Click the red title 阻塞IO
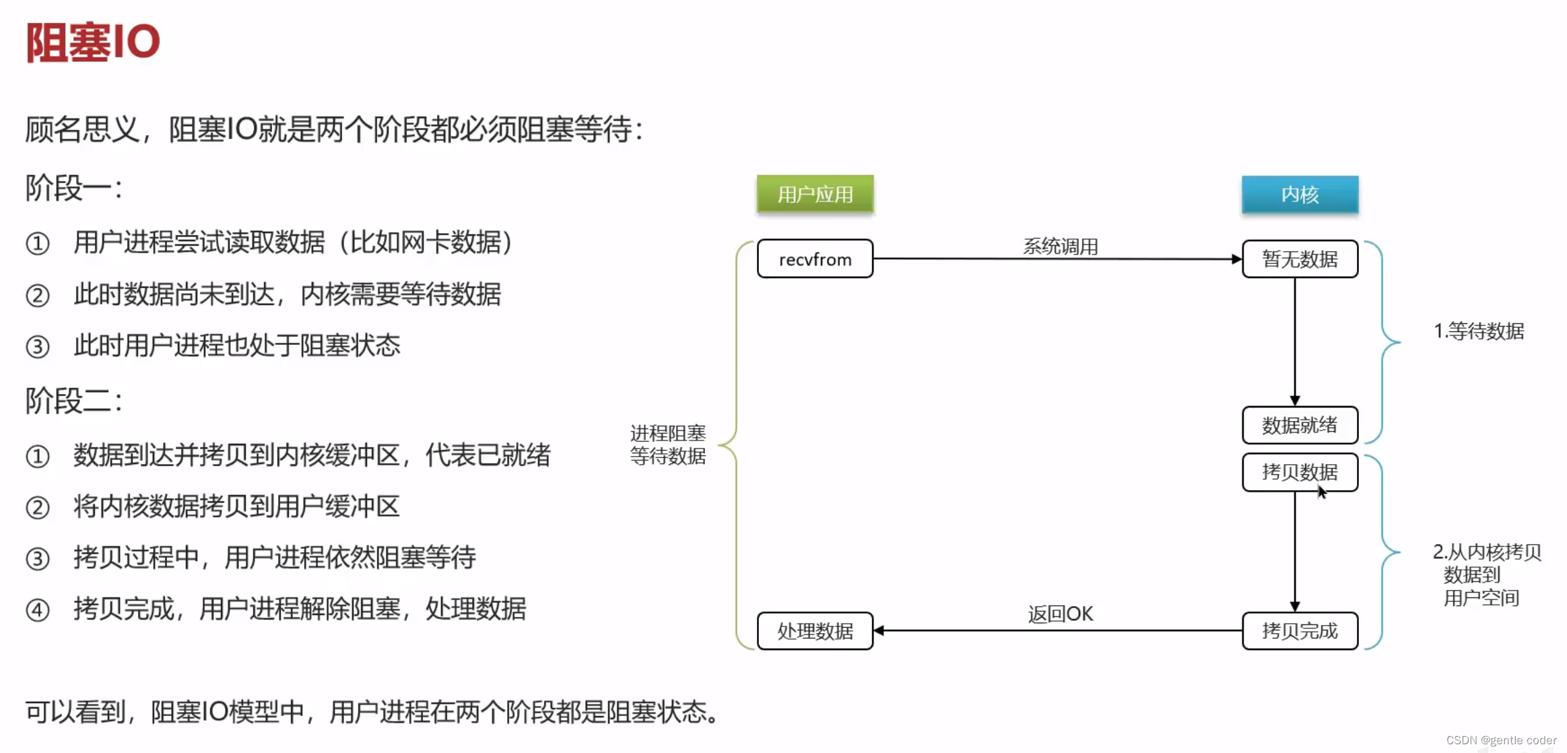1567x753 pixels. coord(93,42)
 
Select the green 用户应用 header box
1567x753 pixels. coord(815,194)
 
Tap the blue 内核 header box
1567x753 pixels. coord(1300,194)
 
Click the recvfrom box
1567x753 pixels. coord(815,259)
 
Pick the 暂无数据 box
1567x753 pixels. coord(1300,259)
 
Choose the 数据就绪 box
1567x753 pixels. coord(1300,425)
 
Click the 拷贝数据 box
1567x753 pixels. coord(1300,472)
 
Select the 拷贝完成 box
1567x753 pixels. coord(1300,631)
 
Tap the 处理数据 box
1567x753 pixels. coord(815,631)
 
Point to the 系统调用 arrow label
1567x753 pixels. coord(1061,247)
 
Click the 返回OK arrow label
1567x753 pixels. coord(1061,614)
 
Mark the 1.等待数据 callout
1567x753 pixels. coord(1479,331)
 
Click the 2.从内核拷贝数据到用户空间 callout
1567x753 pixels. coord(1486,575)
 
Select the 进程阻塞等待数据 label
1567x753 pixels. coord(668,445)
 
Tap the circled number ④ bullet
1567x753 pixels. coord(38,610)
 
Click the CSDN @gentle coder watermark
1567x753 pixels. coord(1501,740)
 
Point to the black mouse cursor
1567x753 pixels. coord(1322,492)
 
